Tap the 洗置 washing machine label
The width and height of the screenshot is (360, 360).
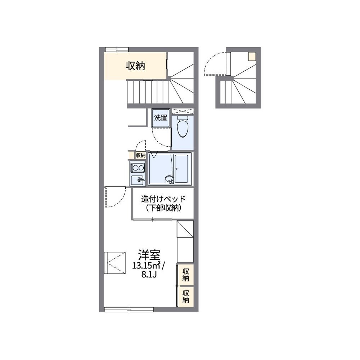[x=161, y=118]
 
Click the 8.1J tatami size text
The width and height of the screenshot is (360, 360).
[x=149, y=275]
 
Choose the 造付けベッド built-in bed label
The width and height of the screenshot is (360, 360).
[x=163, y=199]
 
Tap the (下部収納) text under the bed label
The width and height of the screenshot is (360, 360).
[x=163, y=208]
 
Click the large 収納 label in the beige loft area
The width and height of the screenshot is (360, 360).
[x=135, y=66]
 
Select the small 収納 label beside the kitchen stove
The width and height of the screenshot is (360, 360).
[x=140, y=155]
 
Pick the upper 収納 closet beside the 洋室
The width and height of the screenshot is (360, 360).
[x=185, y=275]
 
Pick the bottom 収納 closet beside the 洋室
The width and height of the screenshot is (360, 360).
[x=185, y=296]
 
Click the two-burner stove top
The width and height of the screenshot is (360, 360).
[x=138, y=168]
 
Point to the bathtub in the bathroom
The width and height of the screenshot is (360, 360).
[x=181, y=169]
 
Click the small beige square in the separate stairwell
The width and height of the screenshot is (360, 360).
[x=252, y=57]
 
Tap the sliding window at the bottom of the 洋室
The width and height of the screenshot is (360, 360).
[x=129, y=310]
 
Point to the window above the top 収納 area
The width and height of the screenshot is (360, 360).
[x=117, y=49]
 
